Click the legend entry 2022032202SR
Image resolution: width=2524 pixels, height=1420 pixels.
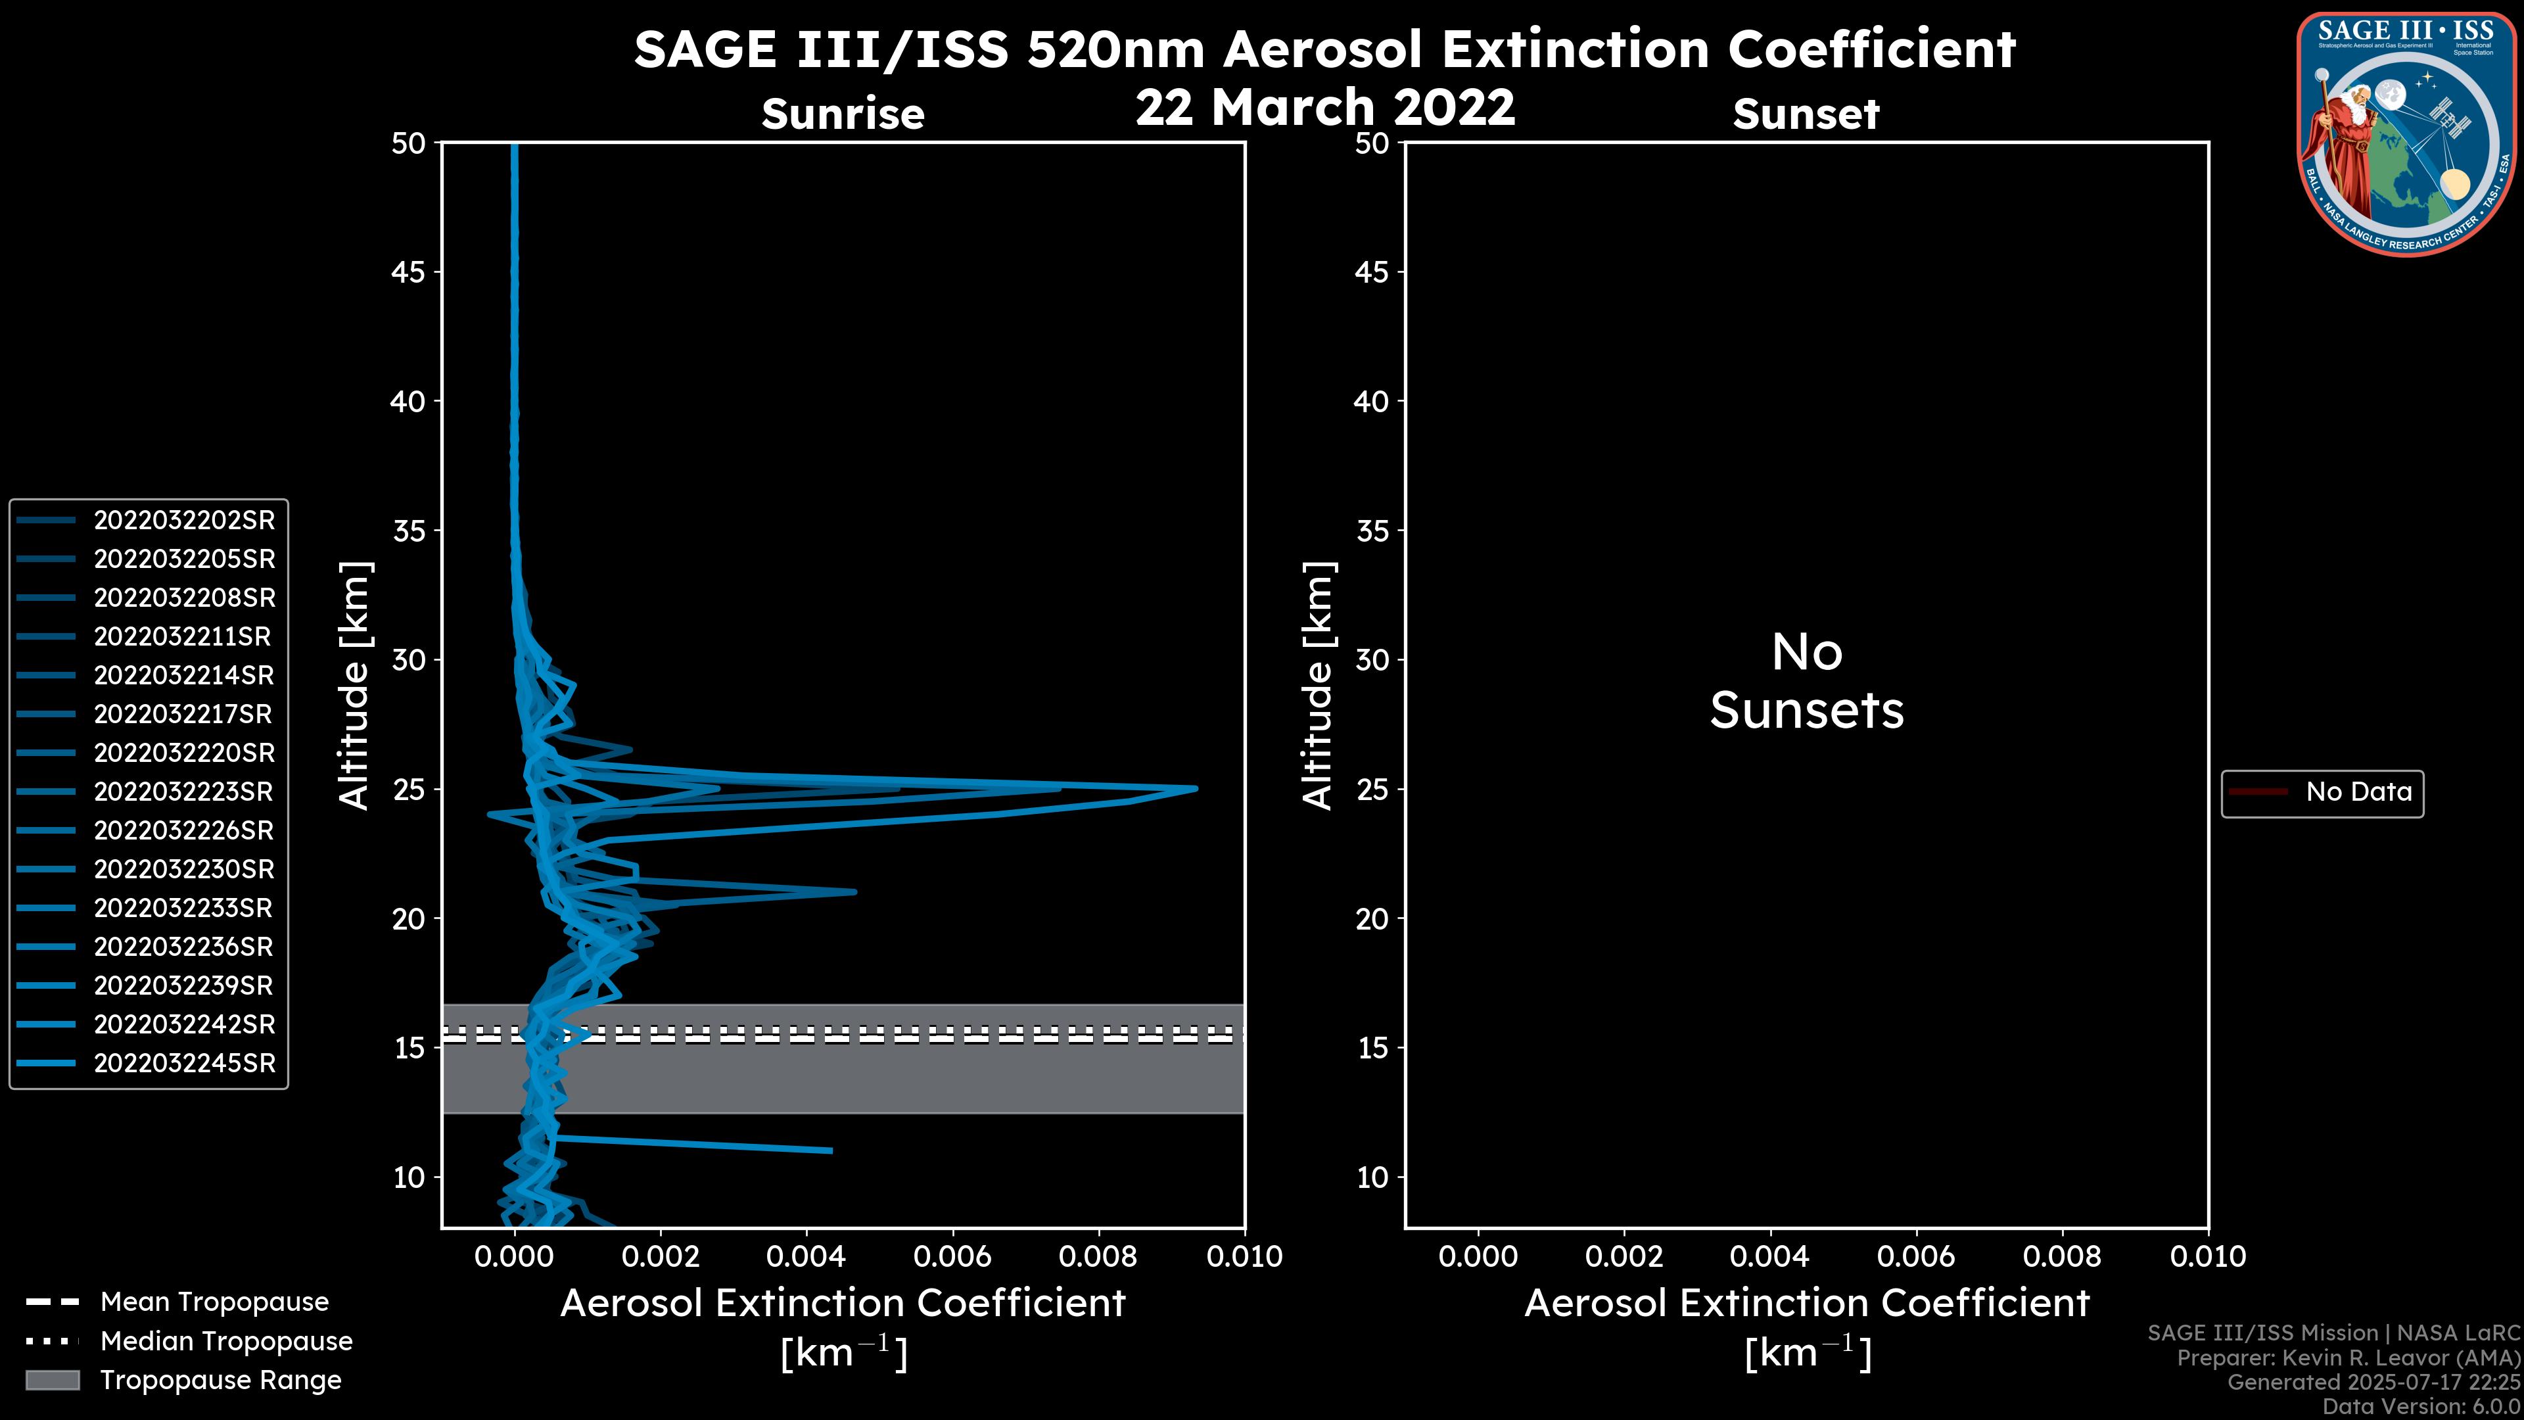point(184,521)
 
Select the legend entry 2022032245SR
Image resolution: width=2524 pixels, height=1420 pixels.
point(184,1063)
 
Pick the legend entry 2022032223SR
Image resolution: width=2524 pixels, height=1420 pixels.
point(184,792)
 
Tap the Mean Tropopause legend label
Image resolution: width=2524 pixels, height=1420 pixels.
point(214,1302)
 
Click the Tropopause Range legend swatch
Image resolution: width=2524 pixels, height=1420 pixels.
point(52,1380)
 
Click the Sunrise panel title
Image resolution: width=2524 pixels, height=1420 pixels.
point(843,114)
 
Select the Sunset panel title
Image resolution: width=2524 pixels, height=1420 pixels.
point(1806,114)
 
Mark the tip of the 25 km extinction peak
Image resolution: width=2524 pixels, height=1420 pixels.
point(1196,788)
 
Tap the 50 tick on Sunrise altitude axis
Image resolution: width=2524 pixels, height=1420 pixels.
point(409,143)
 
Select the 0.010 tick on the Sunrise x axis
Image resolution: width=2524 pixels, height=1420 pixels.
point(1244,1256)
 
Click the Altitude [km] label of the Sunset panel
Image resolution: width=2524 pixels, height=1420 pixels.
point(1318,686)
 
